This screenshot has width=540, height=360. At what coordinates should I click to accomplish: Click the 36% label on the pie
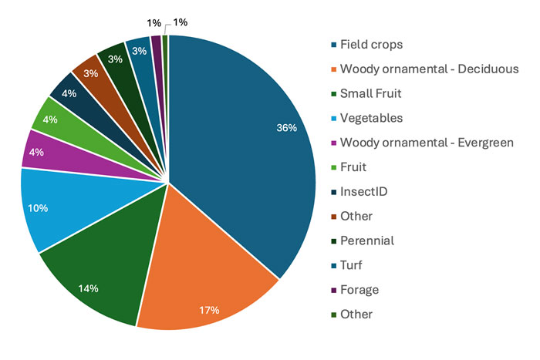(x=286, y=128)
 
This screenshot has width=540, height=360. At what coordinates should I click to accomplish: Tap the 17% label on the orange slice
(x=209, y=309)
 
